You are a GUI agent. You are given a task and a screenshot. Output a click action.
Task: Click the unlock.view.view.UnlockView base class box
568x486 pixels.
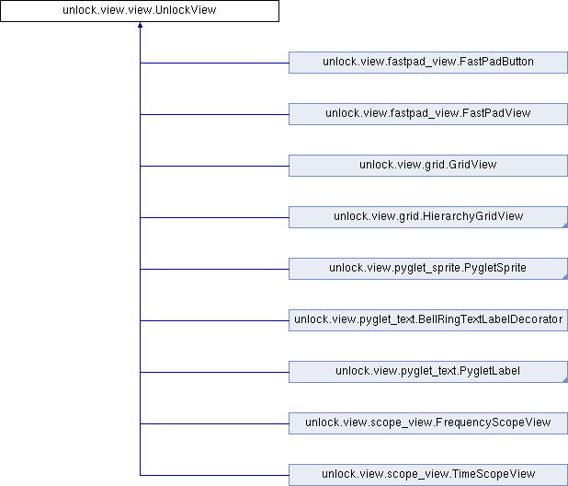coord(140,11)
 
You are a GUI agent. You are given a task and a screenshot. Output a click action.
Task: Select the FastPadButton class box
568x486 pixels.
coord(427,63)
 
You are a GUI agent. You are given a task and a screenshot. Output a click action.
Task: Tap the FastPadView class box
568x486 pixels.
coord(427,114)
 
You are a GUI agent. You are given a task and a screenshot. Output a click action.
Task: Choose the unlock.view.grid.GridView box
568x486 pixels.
coord(427,166)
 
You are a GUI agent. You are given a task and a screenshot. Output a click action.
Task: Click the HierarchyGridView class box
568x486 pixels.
coord(427,217)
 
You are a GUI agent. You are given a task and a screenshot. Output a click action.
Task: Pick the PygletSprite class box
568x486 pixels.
coord(427,269)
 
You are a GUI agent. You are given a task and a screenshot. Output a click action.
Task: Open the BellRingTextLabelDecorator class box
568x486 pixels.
coord(427,320)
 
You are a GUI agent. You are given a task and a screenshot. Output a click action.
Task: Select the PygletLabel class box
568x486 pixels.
coord(427,372)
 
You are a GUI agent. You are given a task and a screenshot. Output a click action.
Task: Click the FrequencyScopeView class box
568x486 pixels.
coord(427,423)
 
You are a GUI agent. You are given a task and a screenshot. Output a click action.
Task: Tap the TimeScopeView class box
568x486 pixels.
coord(427,475)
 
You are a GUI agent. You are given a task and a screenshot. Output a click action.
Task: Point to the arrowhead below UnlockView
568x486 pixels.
coord(140,28)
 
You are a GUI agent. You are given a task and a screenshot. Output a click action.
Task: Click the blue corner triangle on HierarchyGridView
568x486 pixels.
coord(564,225)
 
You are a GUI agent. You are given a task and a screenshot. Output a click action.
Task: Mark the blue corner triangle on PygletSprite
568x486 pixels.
coord(564,276)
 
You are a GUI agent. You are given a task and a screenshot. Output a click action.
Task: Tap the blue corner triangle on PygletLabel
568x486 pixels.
coord(564,379)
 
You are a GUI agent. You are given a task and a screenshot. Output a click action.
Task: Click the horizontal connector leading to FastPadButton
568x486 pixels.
coord(214,63)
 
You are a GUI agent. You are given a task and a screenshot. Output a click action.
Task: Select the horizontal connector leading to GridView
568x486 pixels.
coord(214,166)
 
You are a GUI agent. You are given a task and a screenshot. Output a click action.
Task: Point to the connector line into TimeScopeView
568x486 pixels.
coord(214,475)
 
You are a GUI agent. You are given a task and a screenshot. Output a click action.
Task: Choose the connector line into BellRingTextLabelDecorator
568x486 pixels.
coord(214,320)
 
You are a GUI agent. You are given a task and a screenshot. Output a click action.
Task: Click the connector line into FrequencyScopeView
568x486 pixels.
coord(214,423)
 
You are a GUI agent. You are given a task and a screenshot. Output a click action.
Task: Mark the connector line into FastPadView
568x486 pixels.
coord(214,114)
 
